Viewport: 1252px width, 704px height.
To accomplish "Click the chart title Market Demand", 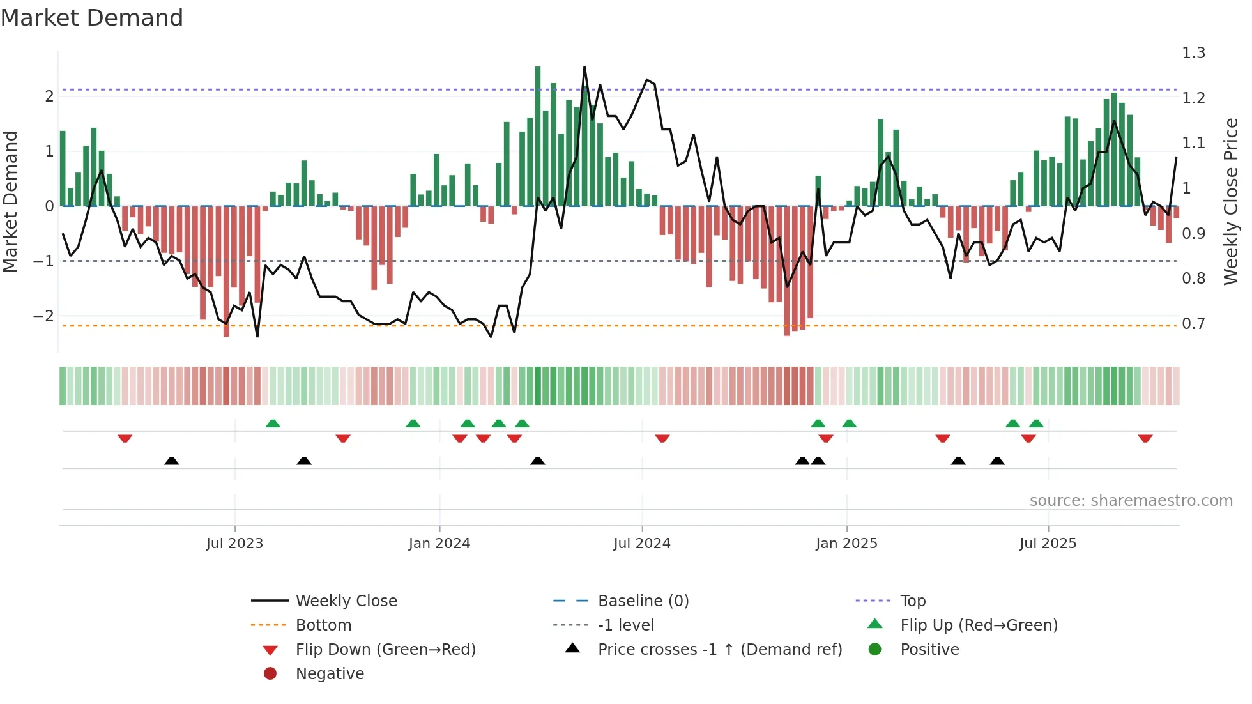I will tap(92, 18).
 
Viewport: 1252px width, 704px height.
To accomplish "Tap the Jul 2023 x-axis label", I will tap(234, 544).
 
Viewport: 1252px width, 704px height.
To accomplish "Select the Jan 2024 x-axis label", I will tap(439, 544).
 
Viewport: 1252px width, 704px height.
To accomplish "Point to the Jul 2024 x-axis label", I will tap(642, 544).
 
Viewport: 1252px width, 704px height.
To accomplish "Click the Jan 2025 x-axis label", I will tap(846, 544).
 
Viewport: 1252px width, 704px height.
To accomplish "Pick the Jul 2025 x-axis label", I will tap(1048, 544).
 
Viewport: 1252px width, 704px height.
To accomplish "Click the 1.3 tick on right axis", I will tap(1193, 53).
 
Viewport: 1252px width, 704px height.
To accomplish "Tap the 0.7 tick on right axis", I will tap(1193, 324).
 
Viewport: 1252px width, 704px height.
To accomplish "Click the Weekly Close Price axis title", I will tap(1231, 201).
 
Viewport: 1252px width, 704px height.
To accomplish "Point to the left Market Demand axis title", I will tap(10, 201).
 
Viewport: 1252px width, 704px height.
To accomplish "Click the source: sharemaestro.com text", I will tap(1131, 501).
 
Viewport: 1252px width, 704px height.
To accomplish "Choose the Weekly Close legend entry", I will tap(346, 601).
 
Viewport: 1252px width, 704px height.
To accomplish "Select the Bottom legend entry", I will tap(323, 625).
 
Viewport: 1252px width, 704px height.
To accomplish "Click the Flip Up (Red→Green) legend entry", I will tap(979, 625).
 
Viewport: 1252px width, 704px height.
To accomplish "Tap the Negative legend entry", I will tap(330, 674).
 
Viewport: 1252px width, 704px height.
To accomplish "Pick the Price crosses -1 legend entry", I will tap(719, 650).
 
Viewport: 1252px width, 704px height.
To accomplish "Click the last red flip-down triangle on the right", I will tap(1145, 439).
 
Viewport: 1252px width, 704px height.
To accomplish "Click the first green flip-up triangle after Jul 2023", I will tap(273, 424).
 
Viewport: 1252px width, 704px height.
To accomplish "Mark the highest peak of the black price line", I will tap(584, 67).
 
